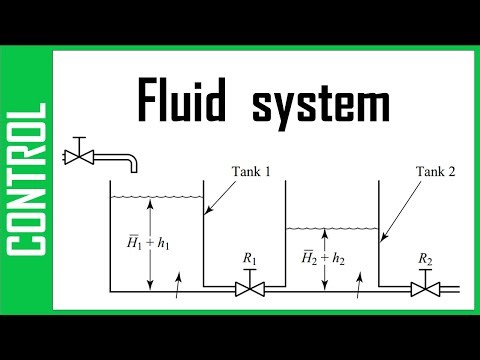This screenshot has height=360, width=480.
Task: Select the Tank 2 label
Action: click(x=435, y=171)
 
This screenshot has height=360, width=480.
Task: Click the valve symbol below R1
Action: click(x=246, y=289)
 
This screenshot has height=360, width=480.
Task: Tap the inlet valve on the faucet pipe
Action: click(x=78, y=156)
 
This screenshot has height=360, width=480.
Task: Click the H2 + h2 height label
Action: click(x=321, y=258)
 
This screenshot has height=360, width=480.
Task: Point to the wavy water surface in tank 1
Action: click(x=154, y=197)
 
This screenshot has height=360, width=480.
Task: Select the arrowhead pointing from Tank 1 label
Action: click(x=206, y=213)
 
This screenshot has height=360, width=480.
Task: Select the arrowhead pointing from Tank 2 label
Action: click(x=383, y=241)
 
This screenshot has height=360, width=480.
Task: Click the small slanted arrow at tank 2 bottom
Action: click(x=357, y=283)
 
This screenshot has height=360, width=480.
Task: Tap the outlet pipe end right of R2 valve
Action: click(x=456, y=289)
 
